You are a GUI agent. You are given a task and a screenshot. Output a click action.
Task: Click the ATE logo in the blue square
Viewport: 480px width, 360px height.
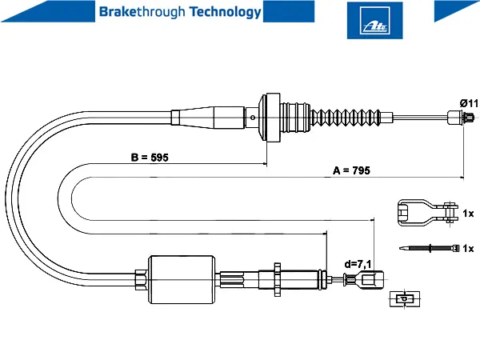point(374,20)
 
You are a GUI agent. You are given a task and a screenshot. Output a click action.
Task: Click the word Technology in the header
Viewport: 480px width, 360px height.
point(226,12)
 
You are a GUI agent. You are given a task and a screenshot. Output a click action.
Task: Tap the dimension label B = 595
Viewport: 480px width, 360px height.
point(150,158)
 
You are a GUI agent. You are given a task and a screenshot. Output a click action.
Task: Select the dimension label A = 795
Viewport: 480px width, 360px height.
point(351,170)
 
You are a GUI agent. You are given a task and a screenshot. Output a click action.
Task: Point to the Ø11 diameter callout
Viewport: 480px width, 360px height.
point(469,103)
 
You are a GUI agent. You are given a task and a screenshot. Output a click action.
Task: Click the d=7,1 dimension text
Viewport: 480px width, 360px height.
point(358,264)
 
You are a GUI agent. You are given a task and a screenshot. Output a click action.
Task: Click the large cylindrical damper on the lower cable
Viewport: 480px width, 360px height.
point(182,279)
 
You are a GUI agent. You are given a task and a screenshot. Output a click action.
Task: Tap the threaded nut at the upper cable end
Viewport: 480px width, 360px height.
point(469,117)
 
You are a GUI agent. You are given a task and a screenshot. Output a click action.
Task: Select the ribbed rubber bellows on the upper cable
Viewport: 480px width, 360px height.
point(346,117)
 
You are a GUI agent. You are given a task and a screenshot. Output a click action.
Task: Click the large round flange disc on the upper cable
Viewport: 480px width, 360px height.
point(270,118)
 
